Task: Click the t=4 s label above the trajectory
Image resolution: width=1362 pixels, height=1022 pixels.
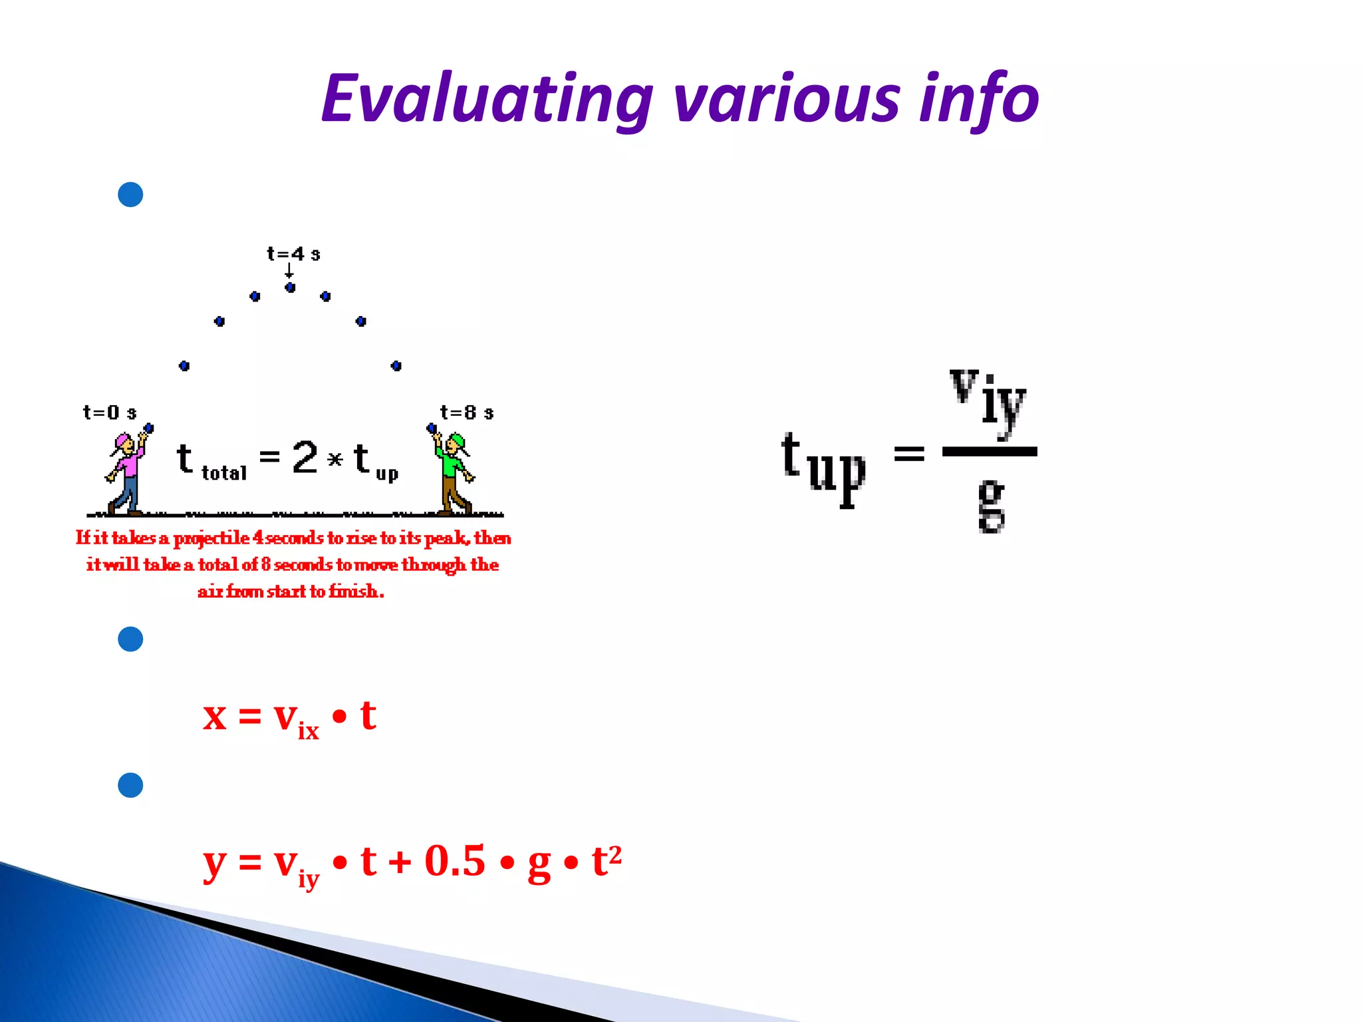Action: pyautogui.click(x=293, y=254)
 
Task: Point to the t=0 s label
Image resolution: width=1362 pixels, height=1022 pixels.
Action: pyautogui.click(x=110, y=413)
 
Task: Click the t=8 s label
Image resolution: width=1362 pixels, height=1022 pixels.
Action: pyautogui.click(x=467, y=413)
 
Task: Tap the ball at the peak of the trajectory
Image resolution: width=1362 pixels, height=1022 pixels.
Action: pyautogui.click(x=290, y=287)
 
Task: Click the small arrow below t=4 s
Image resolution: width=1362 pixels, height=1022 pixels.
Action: pyautogui.click(x=289, y=271)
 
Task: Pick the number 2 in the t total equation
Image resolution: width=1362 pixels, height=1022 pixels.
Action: pyautogui.click(x=305, y=458)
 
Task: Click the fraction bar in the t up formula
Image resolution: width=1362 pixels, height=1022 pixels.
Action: pyautogui.click(x=990, y=452)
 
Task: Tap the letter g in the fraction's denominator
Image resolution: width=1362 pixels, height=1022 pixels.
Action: pyautogui.click(x=991, y=506)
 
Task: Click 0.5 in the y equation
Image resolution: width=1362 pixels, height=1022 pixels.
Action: pyautogui.click(x=455, y=861)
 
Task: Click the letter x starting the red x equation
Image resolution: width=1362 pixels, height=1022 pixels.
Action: pyautogui.click(x=215, y=717)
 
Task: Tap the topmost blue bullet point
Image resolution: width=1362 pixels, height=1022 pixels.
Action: pyautogui.click(x=130, y=195)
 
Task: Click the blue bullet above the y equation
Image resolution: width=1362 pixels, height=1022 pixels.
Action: pyautogui.click(x=130, y=785)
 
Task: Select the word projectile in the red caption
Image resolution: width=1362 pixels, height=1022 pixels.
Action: pyautogui.click(x=211, y=538)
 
